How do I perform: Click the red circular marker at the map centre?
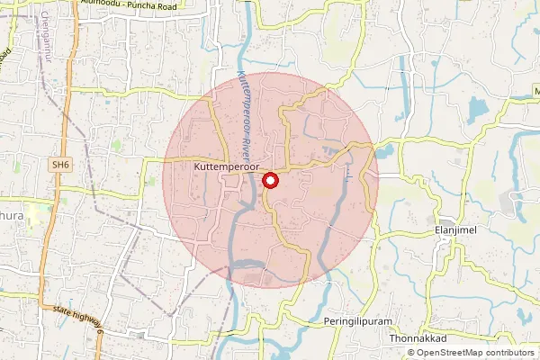pos(270,181)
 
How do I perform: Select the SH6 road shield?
pos(60,166)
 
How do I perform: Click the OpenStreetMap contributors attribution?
pos(471,353)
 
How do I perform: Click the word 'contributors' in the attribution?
pos(505,353)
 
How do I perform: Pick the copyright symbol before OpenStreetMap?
pos(411,353)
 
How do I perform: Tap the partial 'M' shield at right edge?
pos(535,93)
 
